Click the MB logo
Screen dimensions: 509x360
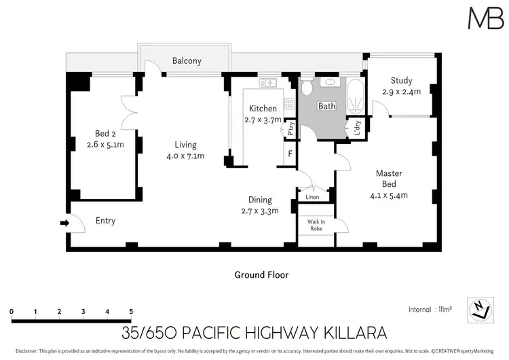tap(486, 18)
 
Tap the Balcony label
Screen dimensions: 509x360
tap(187, 60)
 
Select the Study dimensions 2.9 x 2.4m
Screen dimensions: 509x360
tap(401, 92)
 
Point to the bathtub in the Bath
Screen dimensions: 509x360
tap(356, 96)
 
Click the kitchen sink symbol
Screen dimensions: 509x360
tap(268, 83)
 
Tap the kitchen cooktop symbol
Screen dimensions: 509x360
tap(289, 104)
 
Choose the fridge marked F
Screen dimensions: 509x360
tap(290, 153)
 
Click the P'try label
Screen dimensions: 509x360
tap(290, 128)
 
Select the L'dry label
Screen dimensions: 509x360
tap(358, 128)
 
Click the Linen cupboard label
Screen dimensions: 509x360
tap(312, 197)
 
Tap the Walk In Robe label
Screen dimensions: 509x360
tap(316, 225)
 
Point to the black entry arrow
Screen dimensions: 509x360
tap(64, 223)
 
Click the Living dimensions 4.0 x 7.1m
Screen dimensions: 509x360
tap(185, 156)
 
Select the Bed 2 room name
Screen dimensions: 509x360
tap(105, 133)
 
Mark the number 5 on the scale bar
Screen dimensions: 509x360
tap(131, 311)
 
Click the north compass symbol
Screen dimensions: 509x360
tap(480, 310)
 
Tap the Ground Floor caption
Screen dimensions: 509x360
tap(261, 275)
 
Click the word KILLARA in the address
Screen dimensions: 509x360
tap(356, 333)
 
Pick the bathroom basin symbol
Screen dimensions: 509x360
tap(330, 82)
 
